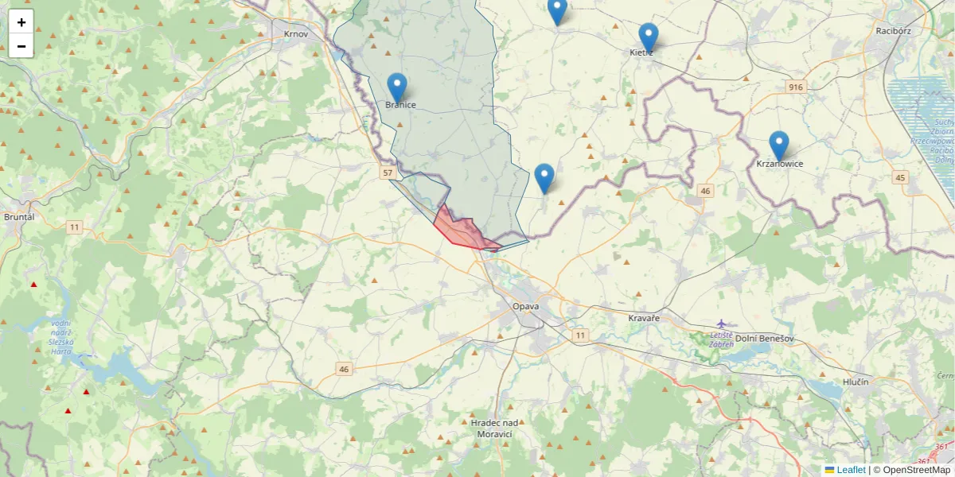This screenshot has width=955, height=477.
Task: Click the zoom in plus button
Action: click(21, 22)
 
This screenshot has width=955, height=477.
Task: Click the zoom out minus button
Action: click(21, 46)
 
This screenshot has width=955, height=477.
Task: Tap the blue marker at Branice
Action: click(397, 87)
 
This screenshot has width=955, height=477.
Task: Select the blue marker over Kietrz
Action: click(649, 37)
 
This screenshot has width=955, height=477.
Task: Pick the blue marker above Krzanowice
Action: click(779, 145)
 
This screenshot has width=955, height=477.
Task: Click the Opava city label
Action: click(526, 306)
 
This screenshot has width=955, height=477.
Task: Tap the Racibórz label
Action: click(892, 31)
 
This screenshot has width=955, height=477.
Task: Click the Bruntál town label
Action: click(19, 216)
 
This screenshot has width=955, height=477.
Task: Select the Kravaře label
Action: click(644, 318)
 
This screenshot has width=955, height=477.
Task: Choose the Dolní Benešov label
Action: click(764, 339)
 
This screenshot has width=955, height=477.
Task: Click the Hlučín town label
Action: click(854, 382)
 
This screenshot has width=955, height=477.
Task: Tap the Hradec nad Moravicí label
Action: click(494, 429)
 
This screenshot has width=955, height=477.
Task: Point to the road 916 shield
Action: click(794, 86)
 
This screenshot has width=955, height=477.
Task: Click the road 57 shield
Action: click(388, 173)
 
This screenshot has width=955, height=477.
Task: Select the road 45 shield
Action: click(900, 176)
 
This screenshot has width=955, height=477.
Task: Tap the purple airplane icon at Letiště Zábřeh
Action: click(721, 323)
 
